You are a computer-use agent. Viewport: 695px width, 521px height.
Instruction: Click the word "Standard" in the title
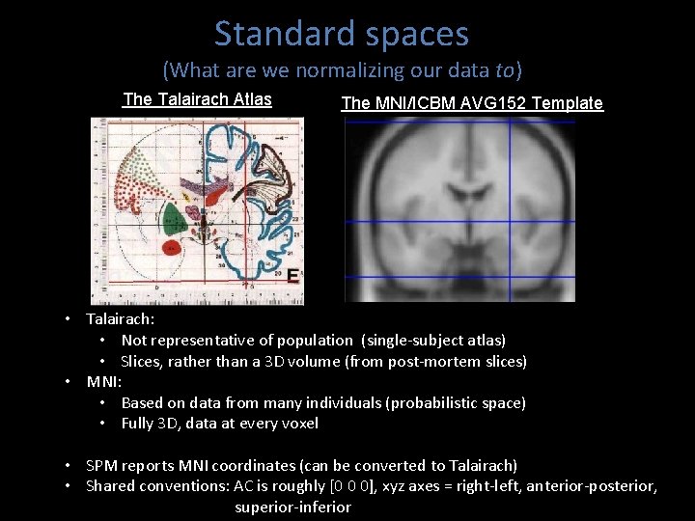[x=272, y=34]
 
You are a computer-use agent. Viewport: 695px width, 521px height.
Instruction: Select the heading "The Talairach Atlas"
[x=198, y=99]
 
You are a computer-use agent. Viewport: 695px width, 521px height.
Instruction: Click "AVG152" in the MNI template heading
[x=501, y=103]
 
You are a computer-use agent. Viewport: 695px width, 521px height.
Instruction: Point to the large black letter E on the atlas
[x=292, y=275]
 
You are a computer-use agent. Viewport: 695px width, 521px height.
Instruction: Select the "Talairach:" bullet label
[x=121, y=318]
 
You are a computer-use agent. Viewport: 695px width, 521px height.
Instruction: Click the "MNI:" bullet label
[x=104, y=381]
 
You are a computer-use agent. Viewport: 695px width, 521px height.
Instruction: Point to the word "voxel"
[x=298, y=424]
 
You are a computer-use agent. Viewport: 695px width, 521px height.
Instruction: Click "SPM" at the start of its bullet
[x=102, y=465]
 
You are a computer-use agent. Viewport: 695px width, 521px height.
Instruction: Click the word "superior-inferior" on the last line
[x=292, y=507]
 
